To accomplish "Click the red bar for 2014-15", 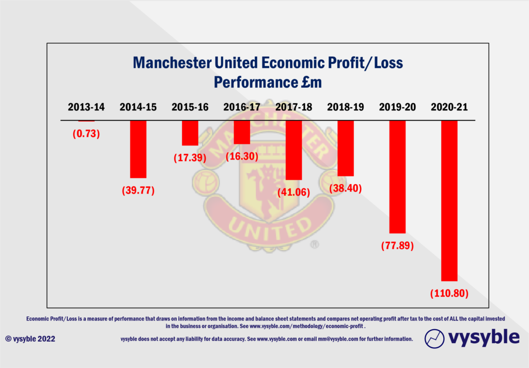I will click(x=138, y=149).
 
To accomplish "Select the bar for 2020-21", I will click(x=449, y=200).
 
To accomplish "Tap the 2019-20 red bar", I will click(x=397, y=177).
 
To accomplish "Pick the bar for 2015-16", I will click(x=190, y=133).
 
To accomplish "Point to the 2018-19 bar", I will click(x=346, y=148).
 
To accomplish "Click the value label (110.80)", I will click(x=449, y=294).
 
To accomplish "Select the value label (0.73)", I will click(x=86, y=134).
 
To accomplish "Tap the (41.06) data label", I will click(x=293, y=193).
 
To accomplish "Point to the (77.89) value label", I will click(x=397, y=246).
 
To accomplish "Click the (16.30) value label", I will click(x=242, y=156).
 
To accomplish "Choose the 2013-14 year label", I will click(x=86, y=107).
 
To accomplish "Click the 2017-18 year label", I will click(x=293, y=107).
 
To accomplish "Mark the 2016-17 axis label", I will click(x=242, y=107).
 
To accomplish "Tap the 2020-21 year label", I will click(x=449, y=107).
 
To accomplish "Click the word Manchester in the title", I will click(x=172, y=63).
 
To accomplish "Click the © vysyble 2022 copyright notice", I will click(x=30, y=339).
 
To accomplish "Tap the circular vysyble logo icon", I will click(x=434, y=339).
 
